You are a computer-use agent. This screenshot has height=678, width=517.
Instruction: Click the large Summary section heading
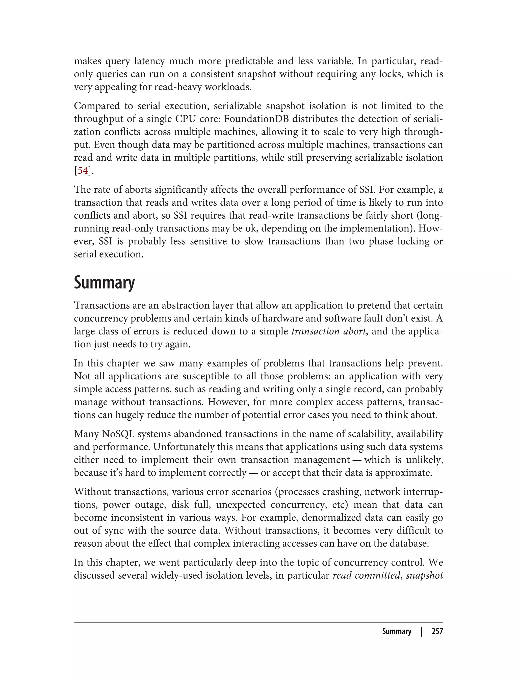(x=104, y=282)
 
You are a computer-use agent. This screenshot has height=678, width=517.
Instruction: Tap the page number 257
(x=437, y=632)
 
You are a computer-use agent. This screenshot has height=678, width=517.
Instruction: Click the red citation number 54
(x=83, y=171)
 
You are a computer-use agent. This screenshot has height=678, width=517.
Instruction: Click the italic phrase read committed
(x=366, y=575)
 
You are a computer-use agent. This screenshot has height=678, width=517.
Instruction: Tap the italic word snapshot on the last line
(x=424, y=575)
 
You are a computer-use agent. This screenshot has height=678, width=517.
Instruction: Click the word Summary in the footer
(x=396, y=632)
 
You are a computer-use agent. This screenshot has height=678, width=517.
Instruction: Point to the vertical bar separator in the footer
(x=422, y=632)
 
